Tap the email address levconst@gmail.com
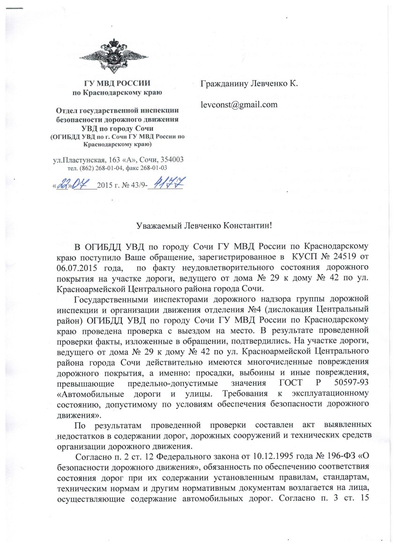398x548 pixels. click(x=239, y=104)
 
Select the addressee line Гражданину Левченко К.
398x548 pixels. click(x=249, y=83)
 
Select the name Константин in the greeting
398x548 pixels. click(x=248, y=225)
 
